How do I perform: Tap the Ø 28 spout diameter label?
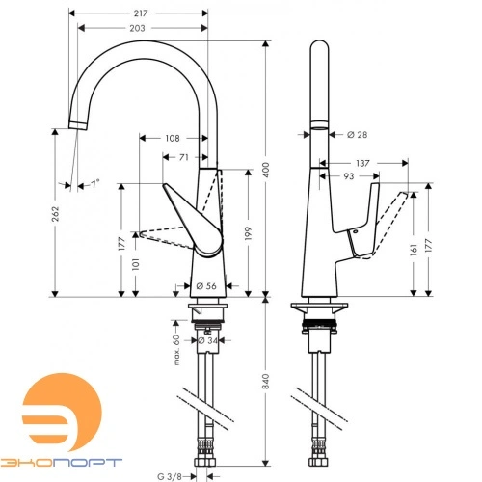coord(356,136)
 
